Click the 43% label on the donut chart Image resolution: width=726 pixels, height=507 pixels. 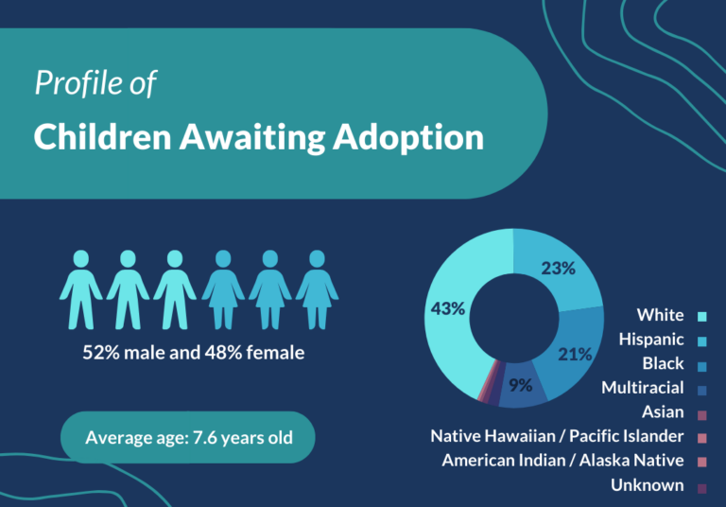pyautogui.click(x=446, y=307)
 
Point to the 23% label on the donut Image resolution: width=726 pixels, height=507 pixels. pyautogui.click(x=558, y=268)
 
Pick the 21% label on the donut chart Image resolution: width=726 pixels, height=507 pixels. pyautogui.click(x=575, y=354)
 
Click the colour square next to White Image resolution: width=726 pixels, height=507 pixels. pyautogui.click(x=701, y=315)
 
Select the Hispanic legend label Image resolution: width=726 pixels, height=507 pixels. pyautogui.click(x=651, y=339)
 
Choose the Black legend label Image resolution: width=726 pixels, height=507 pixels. pyautogui.click(x=663, y=363)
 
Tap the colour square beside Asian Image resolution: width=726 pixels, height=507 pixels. pyautogui.click(x=701, y=412)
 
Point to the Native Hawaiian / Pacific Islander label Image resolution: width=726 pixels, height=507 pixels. pyautogui.click(x=557, y=436)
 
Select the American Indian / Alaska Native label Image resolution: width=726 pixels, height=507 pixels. pyautogui.click(x=562, y=461)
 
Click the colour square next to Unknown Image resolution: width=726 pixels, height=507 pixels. pyautogui.click(x=701, y=486)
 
